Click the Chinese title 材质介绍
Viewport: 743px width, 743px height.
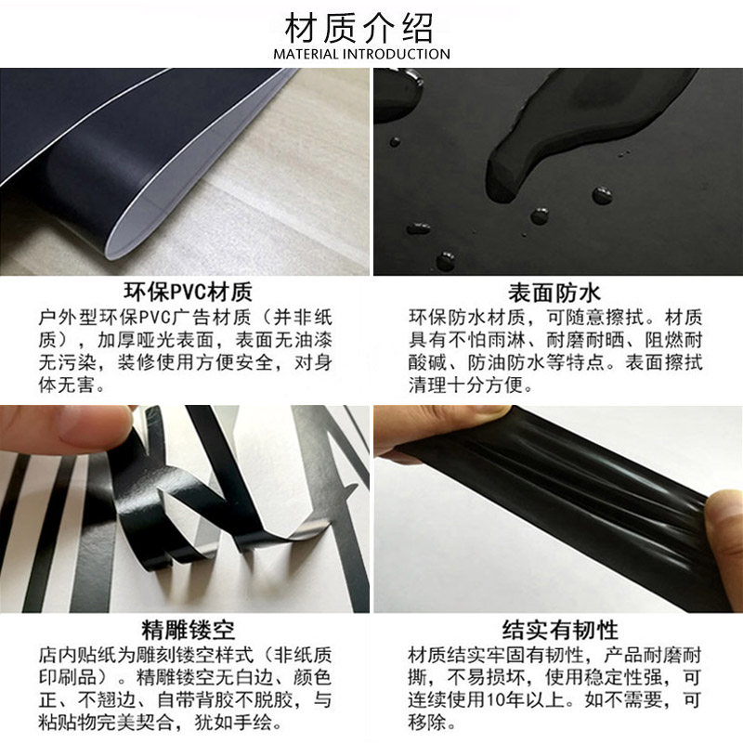pos(358,29)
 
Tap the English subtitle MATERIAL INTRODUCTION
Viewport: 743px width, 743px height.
pos(361,54)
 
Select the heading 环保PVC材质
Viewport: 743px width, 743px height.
pos(189,292)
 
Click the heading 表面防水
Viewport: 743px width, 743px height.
pos(554,293)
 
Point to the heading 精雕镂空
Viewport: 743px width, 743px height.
pos(189,630)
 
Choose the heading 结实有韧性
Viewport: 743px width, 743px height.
pos(560,630)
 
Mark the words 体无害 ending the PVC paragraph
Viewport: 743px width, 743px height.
pos(67,385)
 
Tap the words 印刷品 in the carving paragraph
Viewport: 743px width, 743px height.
pos(67,677)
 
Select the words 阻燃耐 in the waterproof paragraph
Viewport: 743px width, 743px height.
pos(672,340)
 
